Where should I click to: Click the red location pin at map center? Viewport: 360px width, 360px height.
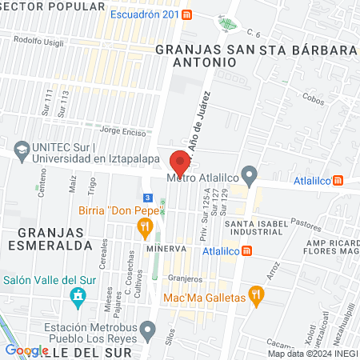(180, 162)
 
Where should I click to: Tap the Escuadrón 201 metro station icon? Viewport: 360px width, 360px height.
(186, 14)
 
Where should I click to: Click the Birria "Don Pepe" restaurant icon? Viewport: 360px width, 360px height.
(145, 228)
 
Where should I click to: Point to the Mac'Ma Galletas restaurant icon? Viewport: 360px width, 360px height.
(255, 294)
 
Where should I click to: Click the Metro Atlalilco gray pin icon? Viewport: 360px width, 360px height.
(250, 174)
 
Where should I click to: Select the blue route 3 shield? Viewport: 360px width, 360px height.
(146, 198)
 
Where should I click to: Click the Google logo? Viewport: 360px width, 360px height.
(26, 350)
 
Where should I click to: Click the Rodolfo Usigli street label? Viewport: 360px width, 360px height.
(38, 41)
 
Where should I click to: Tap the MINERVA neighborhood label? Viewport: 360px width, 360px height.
(166, 248)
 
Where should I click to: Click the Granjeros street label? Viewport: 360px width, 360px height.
(186, 278)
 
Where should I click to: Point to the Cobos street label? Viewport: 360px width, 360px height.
(314, 94)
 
